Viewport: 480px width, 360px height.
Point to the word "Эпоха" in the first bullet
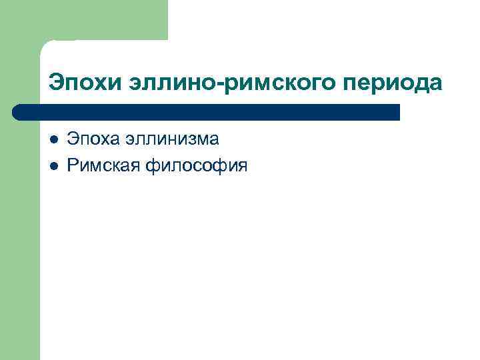pos(92,140)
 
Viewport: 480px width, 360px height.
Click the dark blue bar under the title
pos(207,111)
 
